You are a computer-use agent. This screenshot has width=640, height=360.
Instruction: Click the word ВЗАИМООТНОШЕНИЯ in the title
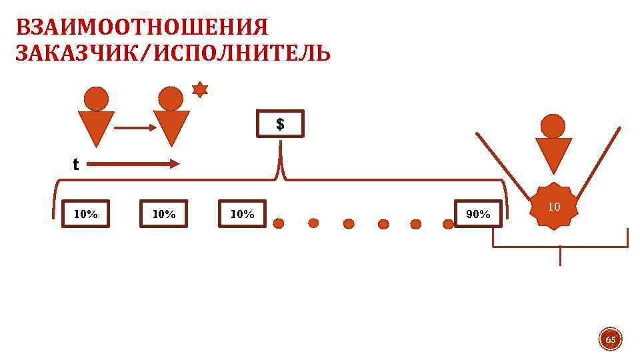[141, 28]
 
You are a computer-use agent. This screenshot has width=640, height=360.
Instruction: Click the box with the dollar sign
[280, 124]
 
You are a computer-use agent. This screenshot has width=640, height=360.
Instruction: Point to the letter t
[75, 165]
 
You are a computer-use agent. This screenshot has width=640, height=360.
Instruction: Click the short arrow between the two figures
[134, 127]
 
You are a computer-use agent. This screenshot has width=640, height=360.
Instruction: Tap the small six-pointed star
[200, 89]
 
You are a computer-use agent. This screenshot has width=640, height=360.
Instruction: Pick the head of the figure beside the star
[171, 99]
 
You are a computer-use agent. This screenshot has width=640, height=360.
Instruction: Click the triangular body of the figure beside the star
[171, 125]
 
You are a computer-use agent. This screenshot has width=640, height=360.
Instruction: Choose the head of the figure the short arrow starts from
[97, 99]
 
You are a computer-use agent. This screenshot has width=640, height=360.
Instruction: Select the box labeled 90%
[478, 214]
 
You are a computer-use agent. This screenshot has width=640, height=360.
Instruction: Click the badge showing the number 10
[553, 207]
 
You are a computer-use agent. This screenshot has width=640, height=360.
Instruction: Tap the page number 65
[610, 341]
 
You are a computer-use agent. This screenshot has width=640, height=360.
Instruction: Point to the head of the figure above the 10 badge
[553, 126]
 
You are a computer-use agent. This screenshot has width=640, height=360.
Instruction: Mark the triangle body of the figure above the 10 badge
[553, 153]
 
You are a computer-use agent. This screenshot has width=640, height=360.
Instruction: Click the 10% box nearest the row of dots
[242, 214]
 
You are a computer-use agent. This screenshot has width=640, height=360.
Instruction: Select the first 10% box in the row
[85, 214]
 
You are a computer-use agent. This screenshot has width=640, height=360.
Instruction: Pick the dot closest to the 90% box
[448, 224]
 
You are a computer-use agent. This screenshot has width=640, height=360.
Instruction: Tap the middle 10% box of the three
[164, 214]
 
